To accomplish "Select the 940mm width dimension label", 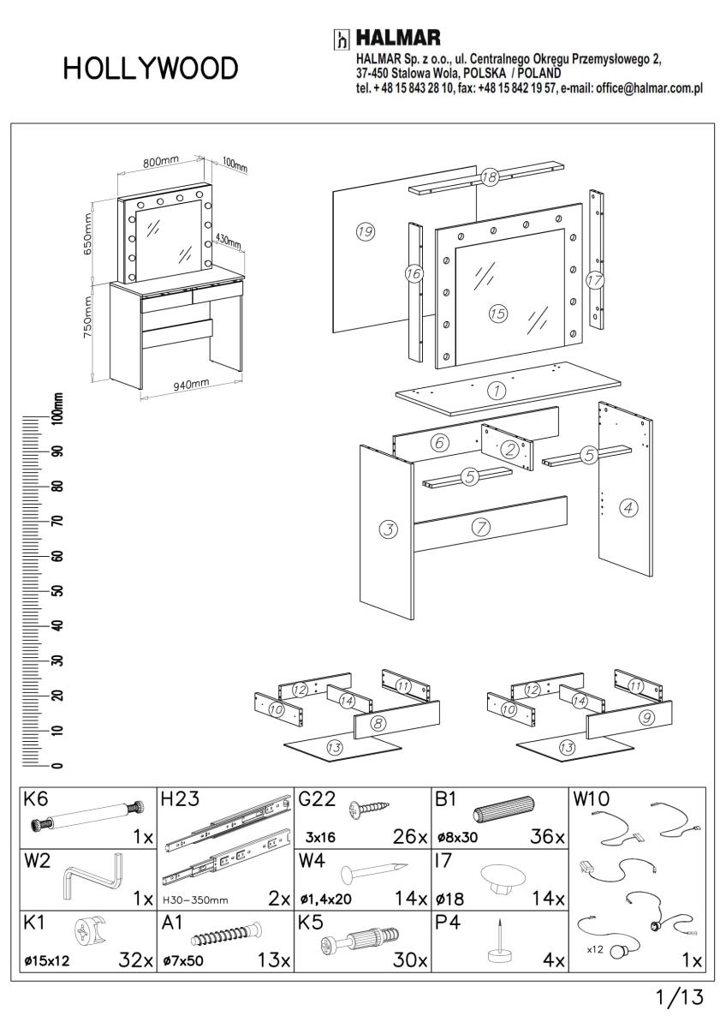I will (192, 385).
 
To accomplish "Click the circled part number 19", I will (366, 231).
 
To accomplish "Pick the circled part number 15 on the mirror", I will (497, 313).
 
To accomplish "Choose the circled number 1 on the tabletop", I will (497, 390).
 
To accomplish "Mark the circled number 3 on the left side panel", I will (389, 529).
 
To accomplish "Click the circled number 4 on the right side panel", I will (629, 508).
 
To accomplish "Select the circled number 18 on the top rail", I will (489, 177).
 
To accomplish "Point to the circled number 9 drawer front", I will (647, 718).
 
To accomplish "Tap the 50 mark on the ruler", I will (58, 591).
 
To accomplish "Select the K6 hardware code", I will (37, 800).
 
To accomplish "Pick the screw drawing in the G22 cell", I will (370, 808).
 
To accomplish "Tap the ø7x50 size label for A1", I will (183, 961).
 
